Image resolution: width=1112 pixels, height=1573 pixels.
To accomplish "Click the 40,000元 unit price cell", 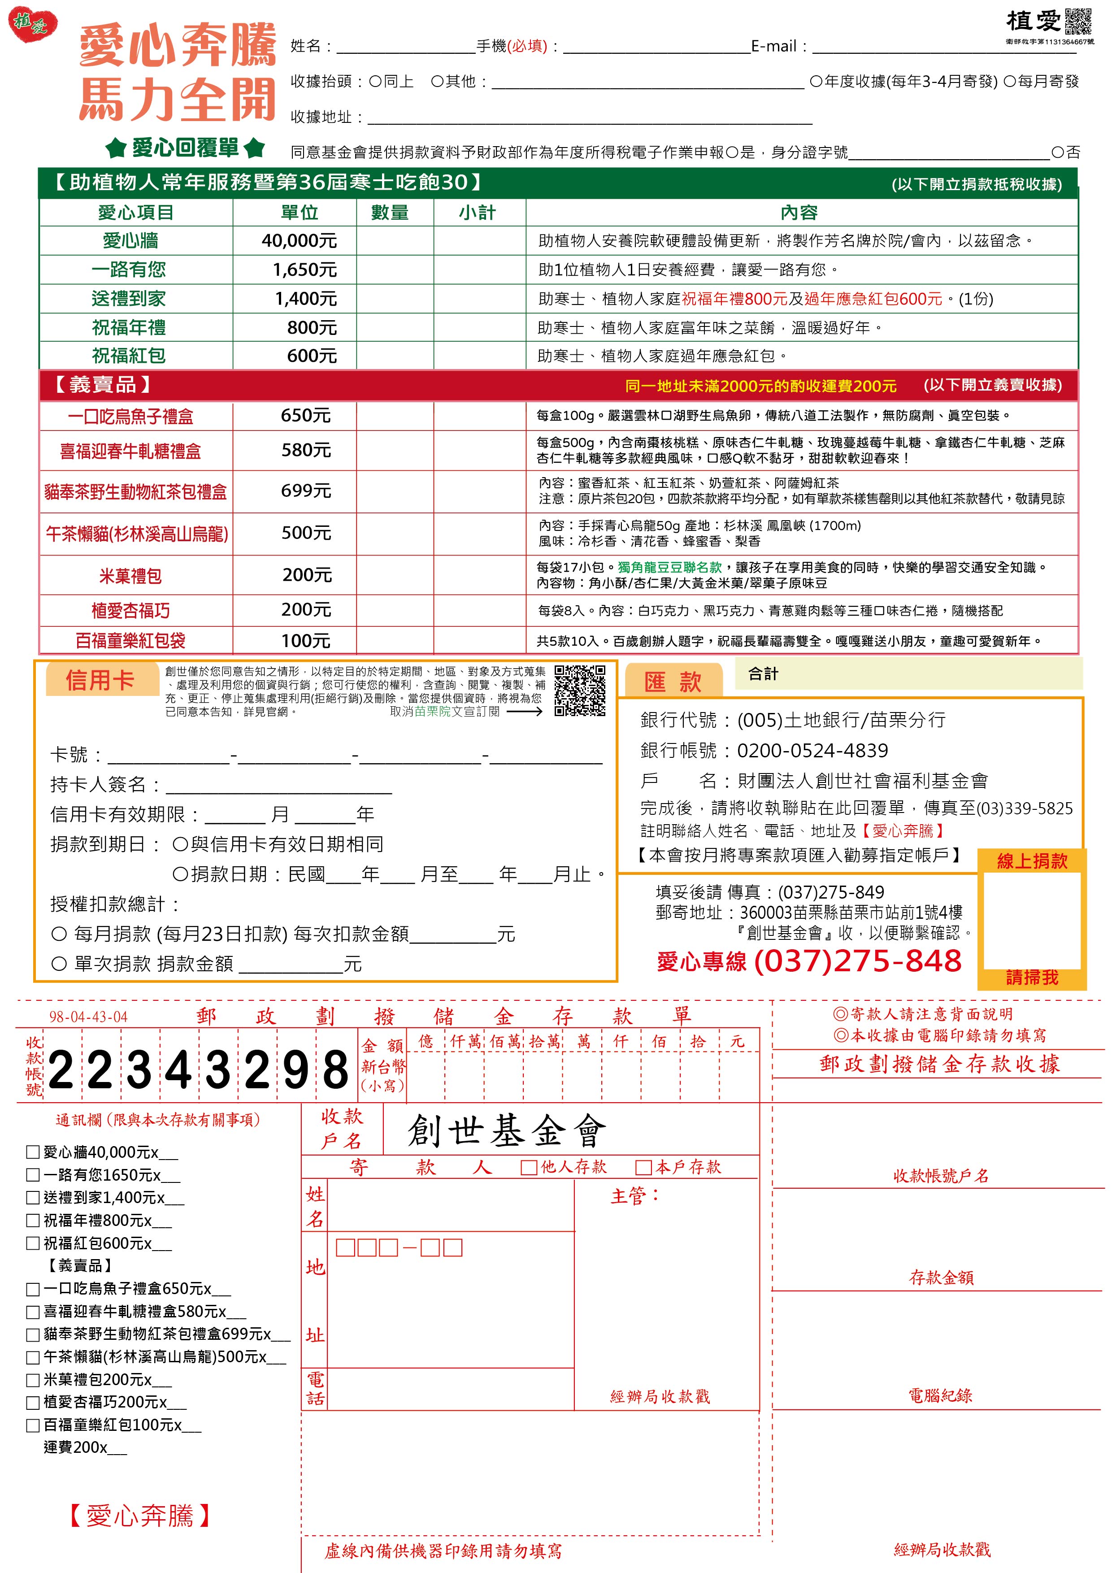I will click(x=300, y=240).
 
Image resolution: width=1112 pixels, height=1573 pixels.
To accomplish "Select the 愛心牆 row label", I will click(x=130, y=240).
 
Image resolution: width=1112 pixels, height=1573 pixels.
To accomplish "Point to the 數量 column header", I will click(x=390, y=213).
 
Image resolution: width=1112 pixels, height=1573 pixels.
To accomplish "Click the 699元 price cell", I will click(x=306, y=491).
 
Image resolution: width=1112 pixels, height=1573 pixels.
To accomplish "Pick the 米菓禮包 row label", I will click(x=130, y=575).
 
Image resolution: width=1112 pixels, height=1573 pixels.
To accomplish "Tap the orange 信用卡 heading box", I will click(x=100, y=680).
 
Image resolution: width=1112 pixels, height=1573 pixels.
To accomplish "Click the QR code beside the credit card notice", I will click(x=580, y=690).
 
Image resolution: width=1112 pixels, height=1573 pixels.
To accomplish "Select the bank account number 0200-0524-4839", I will click(x=812, y=751).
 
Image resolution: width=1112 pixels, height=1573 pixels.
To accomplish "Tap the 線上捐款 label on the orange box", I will click(x=1032, y=861).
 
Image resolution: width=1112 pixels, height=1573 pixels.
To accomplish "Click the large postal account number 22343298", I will click(x=199, y=1071).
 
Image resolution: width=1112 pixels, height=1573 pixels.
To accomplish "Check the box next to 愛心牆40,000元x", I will click(x=32, y=1152).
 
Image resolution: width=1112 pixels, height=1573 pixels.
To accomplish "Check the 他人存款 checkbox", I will click(x=528, y=1167).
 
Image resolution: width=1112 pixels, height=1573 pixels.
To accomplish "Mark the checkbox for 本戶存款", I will click(x=643, y=1167).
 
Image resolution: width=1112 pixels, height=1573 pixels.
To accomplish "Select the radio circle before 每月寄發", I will click(x=1009, y=82).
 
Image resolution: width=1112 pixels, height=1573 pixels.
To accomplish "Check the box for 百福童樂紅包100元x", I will click(x=32, y=1426).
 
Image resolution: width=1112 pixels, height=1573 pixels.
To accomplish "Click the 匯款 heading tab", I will click(x=673, y=682).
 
